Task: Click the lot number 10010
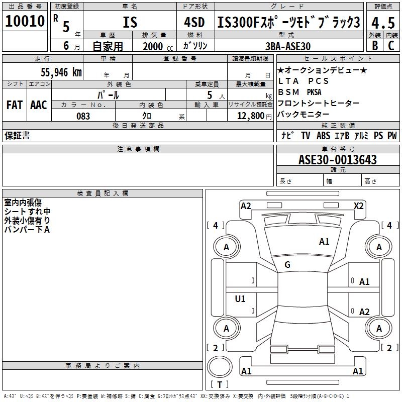coord(25,21)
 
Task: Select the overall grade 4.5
coord(383,23)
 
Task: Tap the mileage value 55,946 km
coord(61,72)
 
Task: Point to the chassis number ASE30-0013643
coord(337,159)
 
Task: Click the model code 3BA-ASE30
coord(287,46)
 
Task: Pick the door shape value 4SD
coord(194,22)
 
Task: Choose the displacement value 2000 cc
coord(158,46)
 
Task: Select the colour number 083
coord(83,116)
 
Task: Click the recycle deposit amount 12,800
coord(250,116)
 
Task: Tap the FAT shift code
coord(15,105)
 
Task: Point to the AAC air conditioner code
coord(39,105)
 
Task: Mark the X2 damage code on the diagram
coord(358,206)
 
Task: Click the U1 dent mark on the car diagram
coord(240,298)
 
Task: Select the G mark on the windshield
coord(287,265)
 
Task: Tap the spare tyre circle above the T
coord(220,366)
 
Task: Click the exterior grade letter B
coord(375,46)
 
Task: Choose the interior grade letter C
coord(391,46)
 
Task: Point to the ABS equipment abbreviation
coord(323,136)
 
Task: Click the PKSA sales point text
coord(314,92)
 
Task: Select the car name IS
coord(130,22)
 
